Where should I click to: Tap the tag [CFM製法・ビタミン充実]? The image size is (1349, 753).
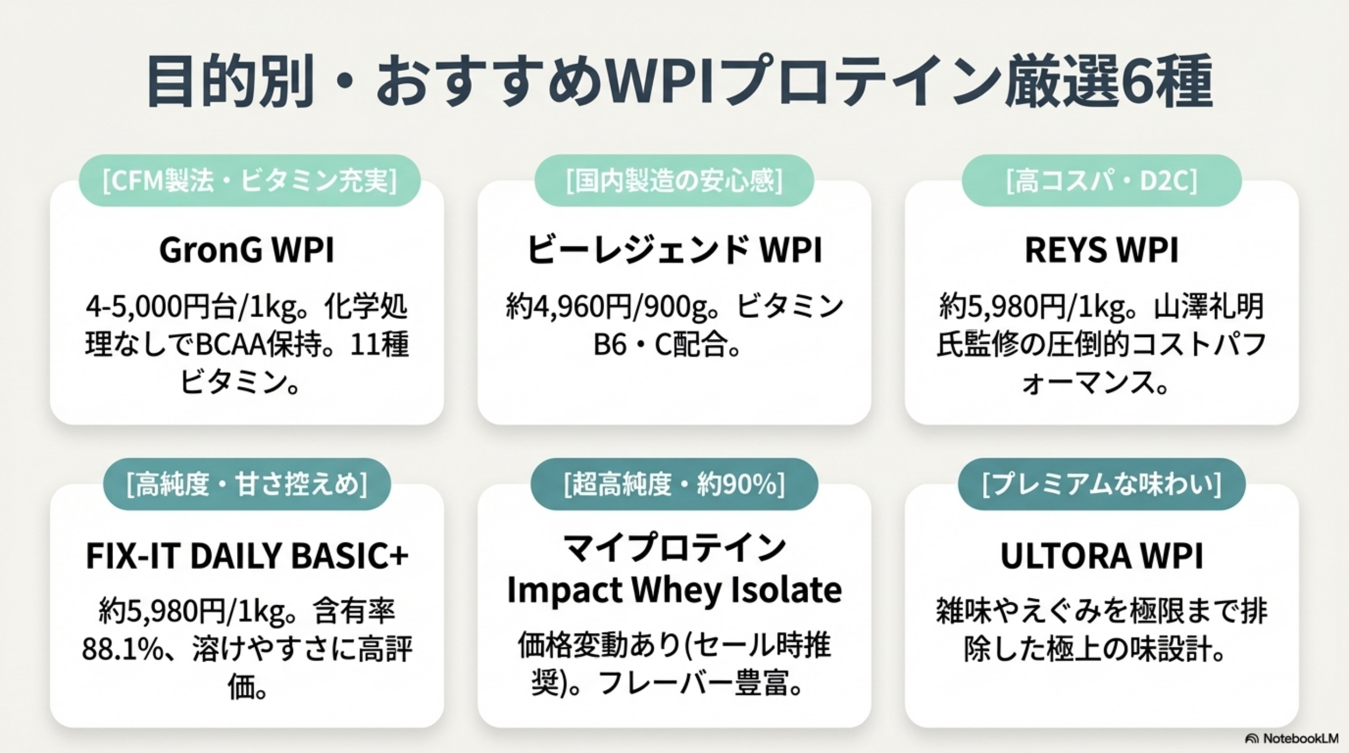249,181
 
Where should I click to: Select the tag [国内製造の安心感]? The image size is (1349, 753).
674,181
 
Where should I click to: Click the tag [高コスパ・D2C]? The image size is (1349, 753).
1101,181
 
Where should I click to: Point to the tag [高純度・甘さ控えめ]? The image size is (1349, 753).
247,484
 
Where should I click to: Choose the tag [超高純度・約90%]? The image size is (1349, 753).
674,484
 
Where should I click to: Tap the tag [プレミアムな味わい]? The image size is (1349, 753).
1101,484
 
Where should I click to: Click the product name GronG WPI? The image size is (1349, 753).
247,250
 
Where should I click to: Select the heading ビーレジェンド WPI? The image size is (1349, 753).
674,250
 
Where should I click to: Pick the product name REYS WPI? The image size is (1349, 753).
1101,250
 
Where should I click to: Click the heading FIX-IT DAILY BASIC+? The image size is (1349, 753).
247,556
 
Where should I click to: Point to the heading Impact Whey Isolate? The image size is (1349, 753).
674,590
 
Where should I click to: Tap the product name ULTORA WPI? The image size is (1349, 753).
1101,556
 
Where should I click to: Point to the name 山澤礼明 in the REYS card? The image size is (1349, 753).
1209,307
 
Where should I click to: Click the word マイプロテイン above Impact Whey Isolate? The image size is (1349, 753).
674,549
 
